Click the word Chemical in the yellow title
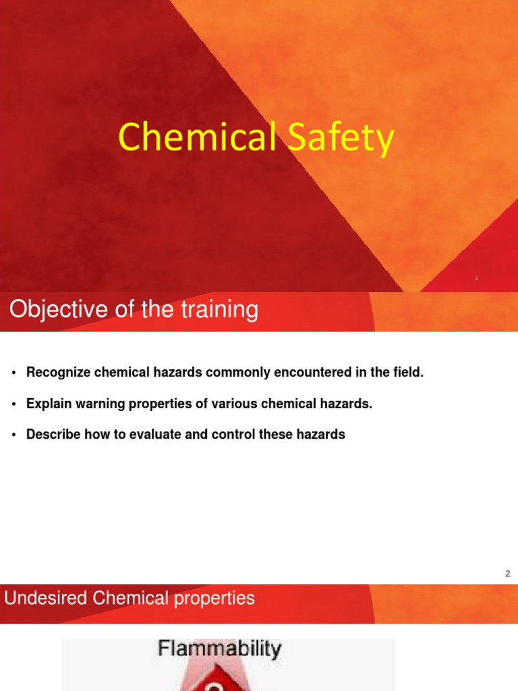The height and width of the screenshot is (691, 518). pyautogui.click(x=196, y=138)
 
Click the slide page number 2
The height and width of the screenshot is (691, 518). pyautogui.click(x=507, y=574)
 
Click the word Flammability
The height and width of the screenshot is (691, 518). pyautogui.click(x=219, y=650)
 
